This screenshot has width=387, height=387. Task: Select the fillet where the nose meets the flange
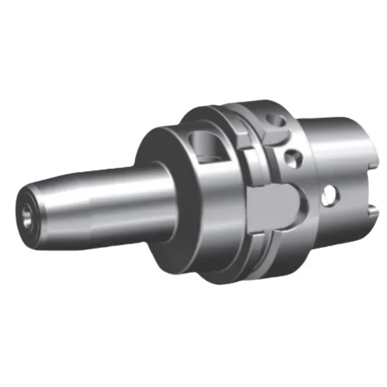(158, 181)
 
